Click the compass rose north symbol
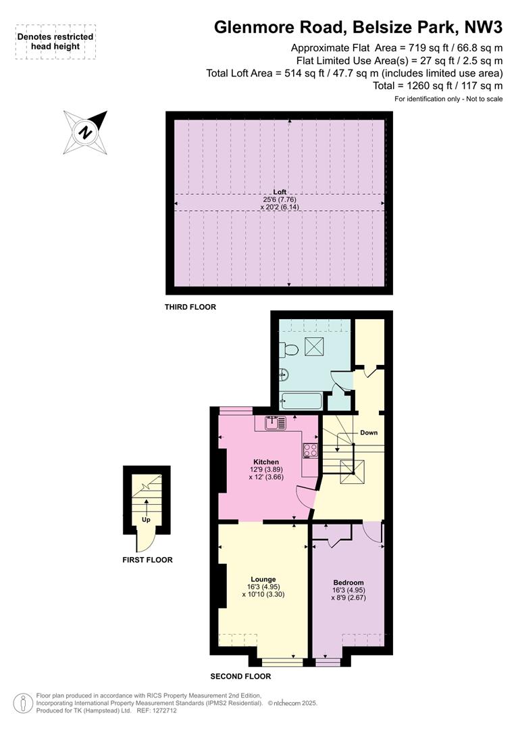[85, 132]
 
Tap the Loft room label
[280, 192]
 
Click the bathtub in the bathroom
[301, 401]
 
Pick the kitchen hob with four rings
[311, 451]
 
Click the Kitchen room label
[265, 462]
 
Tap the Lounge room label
[263, 580]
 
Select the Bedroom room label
[349, 583]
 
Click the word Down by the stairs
[369, 433]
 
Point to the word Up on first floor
[146, 520]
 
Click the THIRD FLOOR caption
[190, 307]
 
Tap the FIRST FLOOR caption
[147, 560]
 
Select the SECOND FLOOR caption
[240, 676]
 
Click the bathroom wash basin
[284, 374]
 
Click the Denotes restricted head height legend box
[55, 41]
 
